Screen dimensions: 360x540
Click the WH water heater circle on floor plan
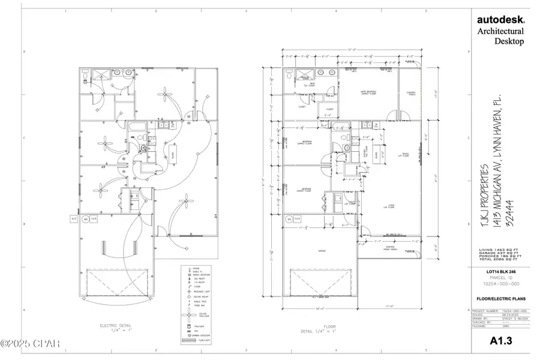click(289, 220)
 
